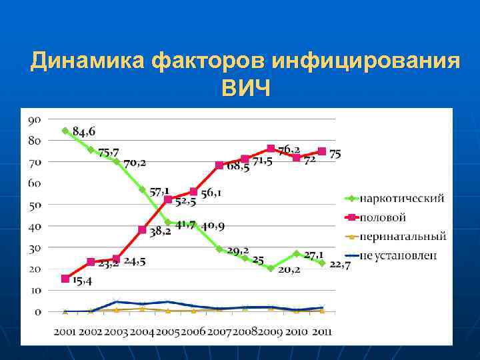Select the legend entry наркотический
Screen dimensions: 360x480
(x=402, y=198)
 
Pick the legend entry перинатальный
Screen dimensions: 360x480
(x=402, y=236)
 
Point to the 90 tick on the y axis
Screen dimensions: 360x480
(x=35, y=119)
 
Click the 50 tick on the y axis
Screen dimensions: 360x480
(x=35, y=205)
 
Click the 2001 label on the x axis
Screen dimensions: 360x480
(x=65, y=332)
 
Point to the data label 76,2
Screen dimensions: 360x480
(x=289, y=149)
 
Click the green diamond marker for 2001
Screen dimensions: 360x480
(x=65, y=131)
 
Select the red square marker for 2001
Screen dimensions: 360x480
(x=65, y=279)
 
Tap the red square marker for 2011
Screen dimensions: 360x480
(x=322, y=151)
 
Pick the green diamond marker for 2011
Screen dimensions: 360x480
(x=322, y=263)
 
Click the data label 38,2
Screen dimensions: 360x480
(x=159, y=231)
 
